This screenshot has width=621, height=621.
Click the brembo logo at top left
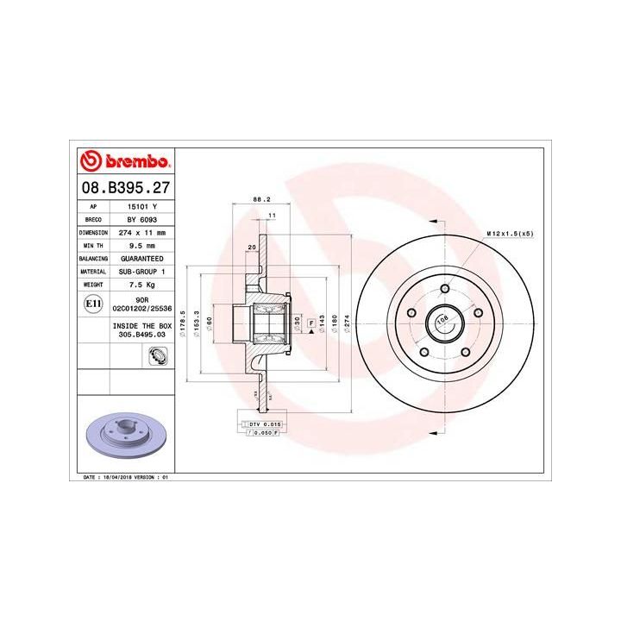[126, 161]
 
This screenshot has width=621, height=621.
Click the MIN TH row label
[92, 246]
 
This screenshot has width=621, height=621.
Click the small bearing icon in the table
[157, 354]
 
